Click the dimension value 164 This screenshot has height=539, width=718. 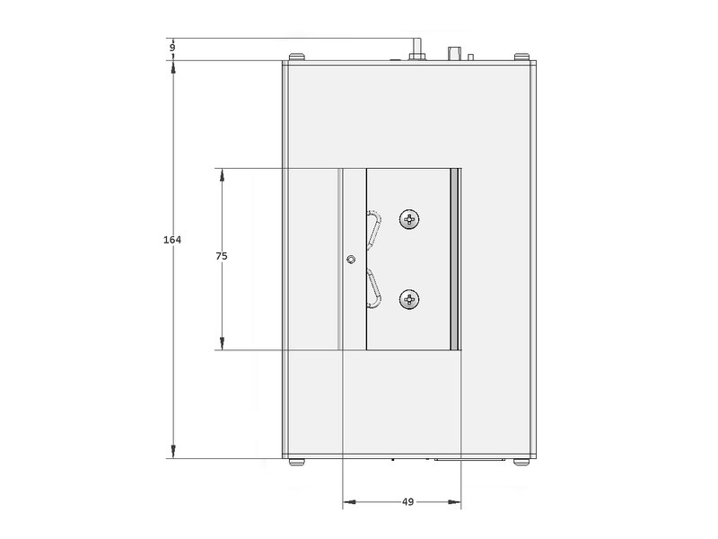(172, 240)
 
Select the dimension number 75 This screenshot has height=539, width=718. (222, 256)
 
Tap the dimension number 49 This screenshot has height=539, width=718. (408, 502)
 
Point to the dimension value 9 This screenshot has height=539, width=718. (172, 48)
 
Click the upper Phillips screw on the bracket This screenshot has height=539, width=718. (409, 219)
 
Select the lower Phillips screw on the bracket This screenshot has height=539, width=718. (409, 300)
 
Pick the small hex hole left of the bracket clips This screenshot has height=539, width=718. (350, 260)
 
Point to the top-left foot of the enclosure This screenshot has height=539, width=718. (297, 57)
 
